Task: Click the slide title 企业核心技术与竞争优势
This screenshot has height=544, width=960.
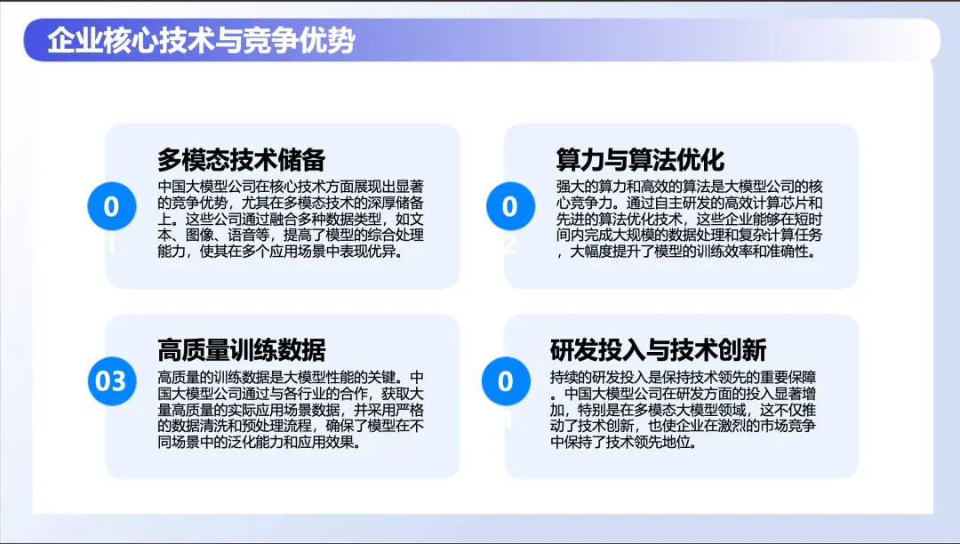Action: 202,40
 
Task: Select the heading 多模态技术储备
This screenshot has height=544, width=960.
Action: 241,160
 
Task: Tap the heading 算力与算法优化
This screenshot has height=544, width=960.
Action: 640,160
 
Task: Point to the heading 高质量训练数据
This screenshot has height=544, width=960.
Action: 241,350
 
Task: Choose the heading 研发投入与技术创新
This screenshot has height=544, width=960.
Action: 658,350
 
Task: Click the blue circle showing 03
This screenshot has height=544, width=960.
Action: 111,380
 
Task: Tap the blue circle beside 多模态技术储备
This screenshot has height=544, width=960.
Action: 111,206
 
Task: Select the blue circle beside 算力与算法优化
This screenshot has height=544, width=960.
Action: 510,206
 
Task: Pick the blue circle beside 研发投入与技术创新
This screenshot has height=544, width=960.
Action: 506,380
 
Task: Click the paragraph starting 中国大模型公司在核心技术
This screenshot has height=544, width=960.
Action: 291,219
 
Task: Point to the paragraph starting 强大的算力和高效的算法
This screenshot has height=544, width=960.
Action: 690,219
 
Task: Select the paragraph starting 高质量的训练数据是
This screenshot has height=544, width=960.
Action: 291,410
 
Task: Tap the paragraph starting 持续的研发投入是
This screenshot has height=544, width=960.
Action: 684,410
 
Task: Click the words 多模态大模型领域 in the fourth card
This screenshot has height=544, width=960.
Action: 689,410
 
